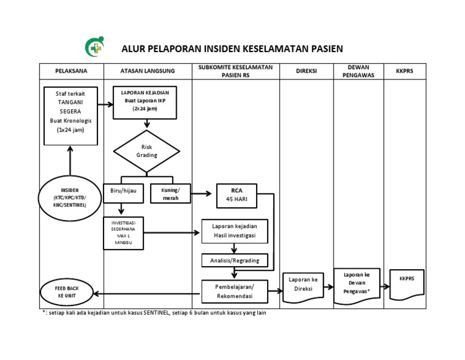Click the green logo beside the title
click(x=94, y=48)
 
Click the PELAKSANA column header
click(x=71, y=71)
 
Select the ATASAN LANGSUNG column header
click(x=147, y=71)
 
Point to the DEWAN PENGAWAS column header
click(x=358, y=71)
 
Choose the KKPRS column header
click(x=404, y=71)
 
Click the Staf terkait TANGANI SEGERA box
click(x=71, y=116)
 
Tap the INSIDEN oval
click(x=70, y=197)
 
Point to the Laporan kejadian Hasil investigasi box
click(x=234, y=230)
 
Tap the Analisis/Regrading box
click(x=234, y=260)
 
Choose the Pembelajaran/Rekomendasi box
click(x=235, y=292)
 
